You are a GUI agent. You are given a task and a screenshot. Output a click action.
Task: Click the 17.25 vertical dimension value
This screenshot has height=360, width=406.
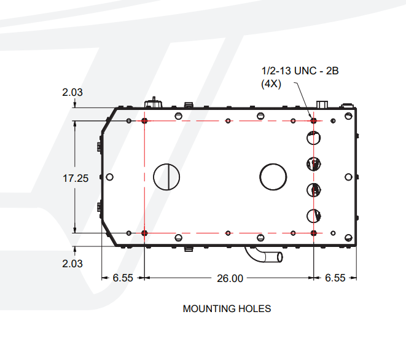tap(76, 178)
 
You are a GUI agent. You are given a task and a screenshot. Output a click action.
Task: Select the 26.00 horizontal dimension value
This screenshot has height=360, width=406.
tap(230, 278)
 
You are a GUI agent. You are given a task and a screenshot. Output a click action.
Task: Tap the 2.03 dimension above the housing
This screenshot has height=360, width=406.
tap(72, 92)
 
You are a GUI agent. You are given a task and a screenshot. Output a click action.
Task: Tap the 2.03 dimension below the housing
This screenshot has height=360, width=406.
tap(72, 264)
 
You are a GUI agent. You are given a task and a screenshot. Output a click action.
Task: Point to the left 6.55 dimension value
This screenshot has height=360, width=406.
tap(123, 278)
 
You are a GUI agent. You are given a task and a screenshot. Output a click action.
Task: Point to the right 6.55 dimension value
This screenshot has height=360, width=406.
tap(335, 278)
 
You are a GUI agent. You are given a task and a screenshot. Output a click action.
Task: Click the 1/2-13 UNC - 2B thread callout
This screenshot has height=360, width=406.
tap(300, 71)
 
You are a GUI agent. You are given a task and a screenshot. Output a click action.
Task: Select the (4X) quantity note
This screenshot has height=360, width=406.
tap(271, 84)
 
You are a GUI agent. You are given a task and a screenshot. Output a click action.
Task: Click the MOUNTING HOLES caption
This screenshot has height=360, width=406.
tap(227, 309)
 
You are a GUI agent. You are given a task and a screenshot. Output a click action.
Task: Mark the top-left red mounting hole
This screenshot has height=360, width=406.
tap(144, 120)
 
